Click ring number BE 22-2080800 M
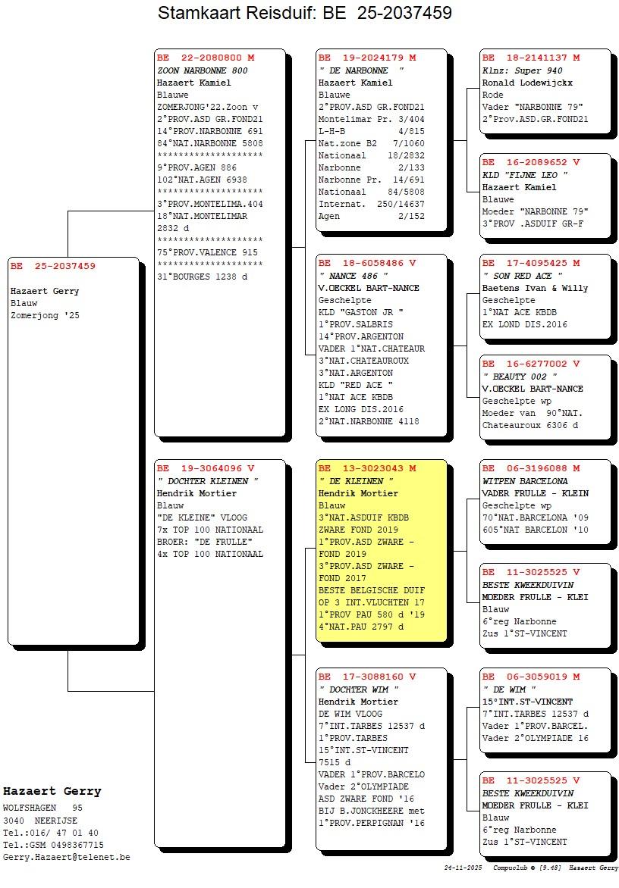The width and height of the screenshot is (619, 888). click(206, 58)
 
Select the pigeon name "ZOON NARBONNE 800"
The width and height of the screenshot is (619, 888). click(203, 70)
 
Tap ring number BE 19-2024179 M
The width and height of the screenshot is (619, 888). click(367, 58)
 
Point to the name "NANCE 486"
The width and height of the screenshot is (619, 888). click(353, 276)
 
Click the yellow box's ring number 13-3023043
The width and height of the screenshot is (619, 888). click(373, 468)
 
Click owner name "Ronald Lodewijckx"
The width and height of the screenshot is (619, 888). click(527, 83)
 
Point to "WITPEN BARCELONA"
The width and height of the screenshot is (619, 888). click(525, 481)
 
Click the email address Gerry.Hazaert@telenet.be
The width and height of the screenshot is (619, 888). click(66, 858)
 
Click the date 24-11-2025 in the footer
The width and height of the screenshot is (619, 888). click(463, 868)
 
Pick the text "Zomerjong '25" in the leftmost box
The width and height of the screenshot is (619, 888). click(46, 315)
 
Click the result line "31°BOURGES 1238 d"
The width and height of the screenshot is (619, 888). click(203, 277)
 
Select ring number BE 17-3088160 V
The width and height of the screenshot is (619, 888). click(367, 677)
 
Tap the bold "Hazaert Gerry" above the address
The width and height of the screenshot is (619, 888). click(52, 791)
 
